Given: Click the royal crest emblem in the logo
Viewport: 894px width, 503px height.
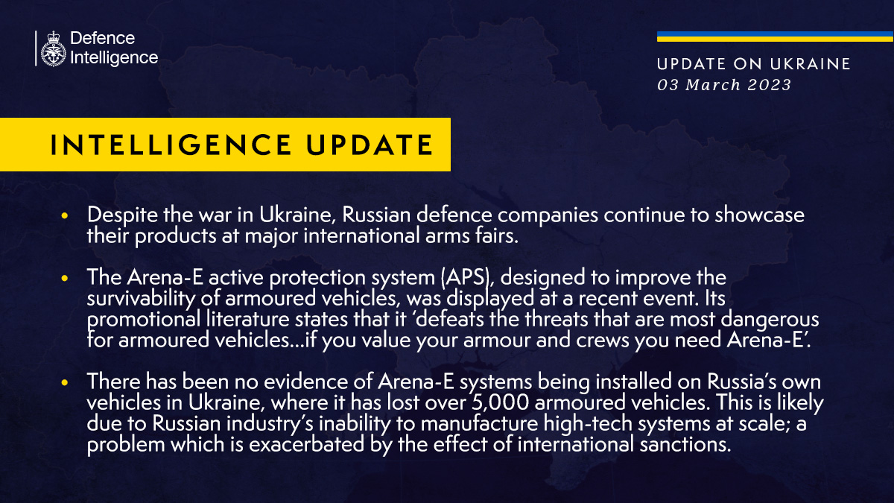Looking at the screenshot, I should [x=52, y=48].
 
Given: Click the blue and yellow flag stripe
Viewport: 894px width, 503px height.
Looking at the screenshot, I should [x=775, y=37].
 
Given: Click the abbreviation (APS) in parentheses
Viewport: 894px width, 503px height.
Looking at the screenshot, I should [x=465, y=277].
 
